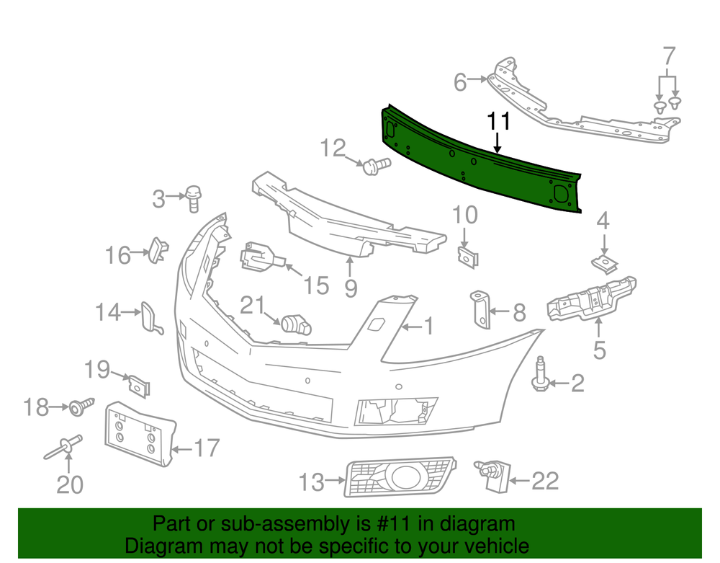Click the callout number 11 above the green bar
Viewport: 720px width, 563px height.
[498, 121]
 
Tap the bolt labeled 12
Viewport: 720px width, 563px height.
[377, 166]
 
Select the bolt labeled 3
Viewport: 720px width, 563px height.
[194, 198]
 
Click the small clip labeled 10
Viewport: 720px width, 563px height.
[468, 257]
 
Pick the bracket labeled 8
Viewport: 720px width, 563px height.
[480, 309]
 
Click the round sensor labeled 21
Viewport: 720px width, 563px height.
[296, 324]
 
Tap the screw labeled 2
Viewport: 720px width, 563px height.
[541, 375]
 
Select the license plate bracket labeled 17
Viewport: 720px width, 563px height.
[140, 434]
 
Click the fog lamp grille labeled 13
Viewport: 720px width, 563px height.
[400, 476]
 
